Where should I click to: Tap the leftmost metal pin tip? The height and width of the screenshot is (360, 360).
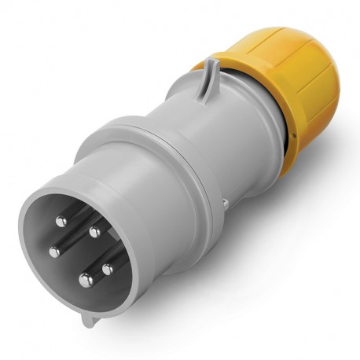pyautogui.click(x=55, y=252)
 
